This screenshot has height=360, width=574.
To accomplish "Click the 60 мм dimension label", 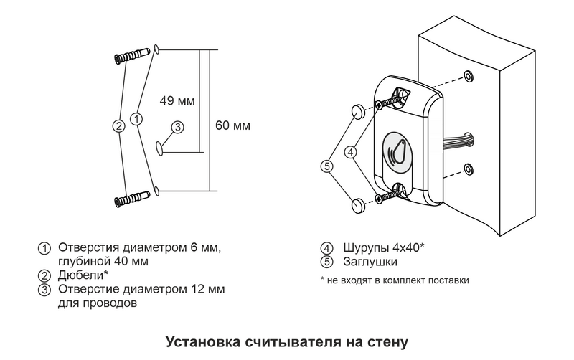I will click(x=232, y=125).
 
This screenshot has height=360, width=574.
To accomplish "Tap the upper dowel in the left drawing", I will click(x=131, y=55).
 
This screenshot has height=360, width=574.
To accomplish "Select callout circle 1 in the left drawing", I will click(x=138, y=118).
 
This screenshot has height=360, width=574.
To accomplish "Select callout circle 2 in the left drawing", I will click(x=119, y=125).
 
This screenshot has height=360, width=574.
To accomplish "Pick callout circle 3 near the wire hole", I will click(x=178, y=126).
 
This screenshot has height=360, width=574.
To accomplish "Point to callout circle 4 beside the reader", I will click(x=351, y=152).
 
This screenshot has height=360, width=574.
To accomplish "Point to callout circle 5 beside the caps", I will click(x=326, y=166).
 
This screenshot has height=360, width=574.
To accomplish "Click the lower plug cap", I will click(x=358, y=207).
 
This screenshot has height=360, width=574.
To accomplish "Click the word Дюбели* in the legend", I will click(x=83, y=275).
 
